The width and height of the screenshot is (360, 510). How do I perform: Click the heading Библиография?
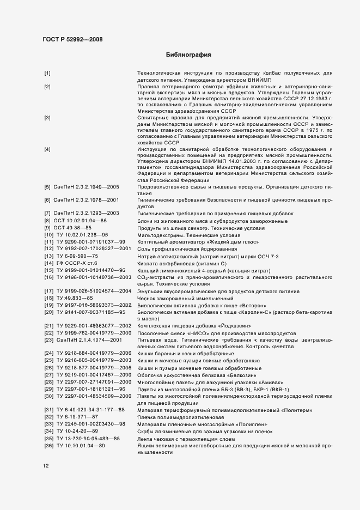(x=188, y=56)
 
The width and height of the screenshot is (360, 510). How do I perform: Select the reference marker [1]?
(x=47, y=73)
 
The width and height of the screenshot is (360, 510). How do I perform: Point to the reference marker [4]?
(x=47, y=149)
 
